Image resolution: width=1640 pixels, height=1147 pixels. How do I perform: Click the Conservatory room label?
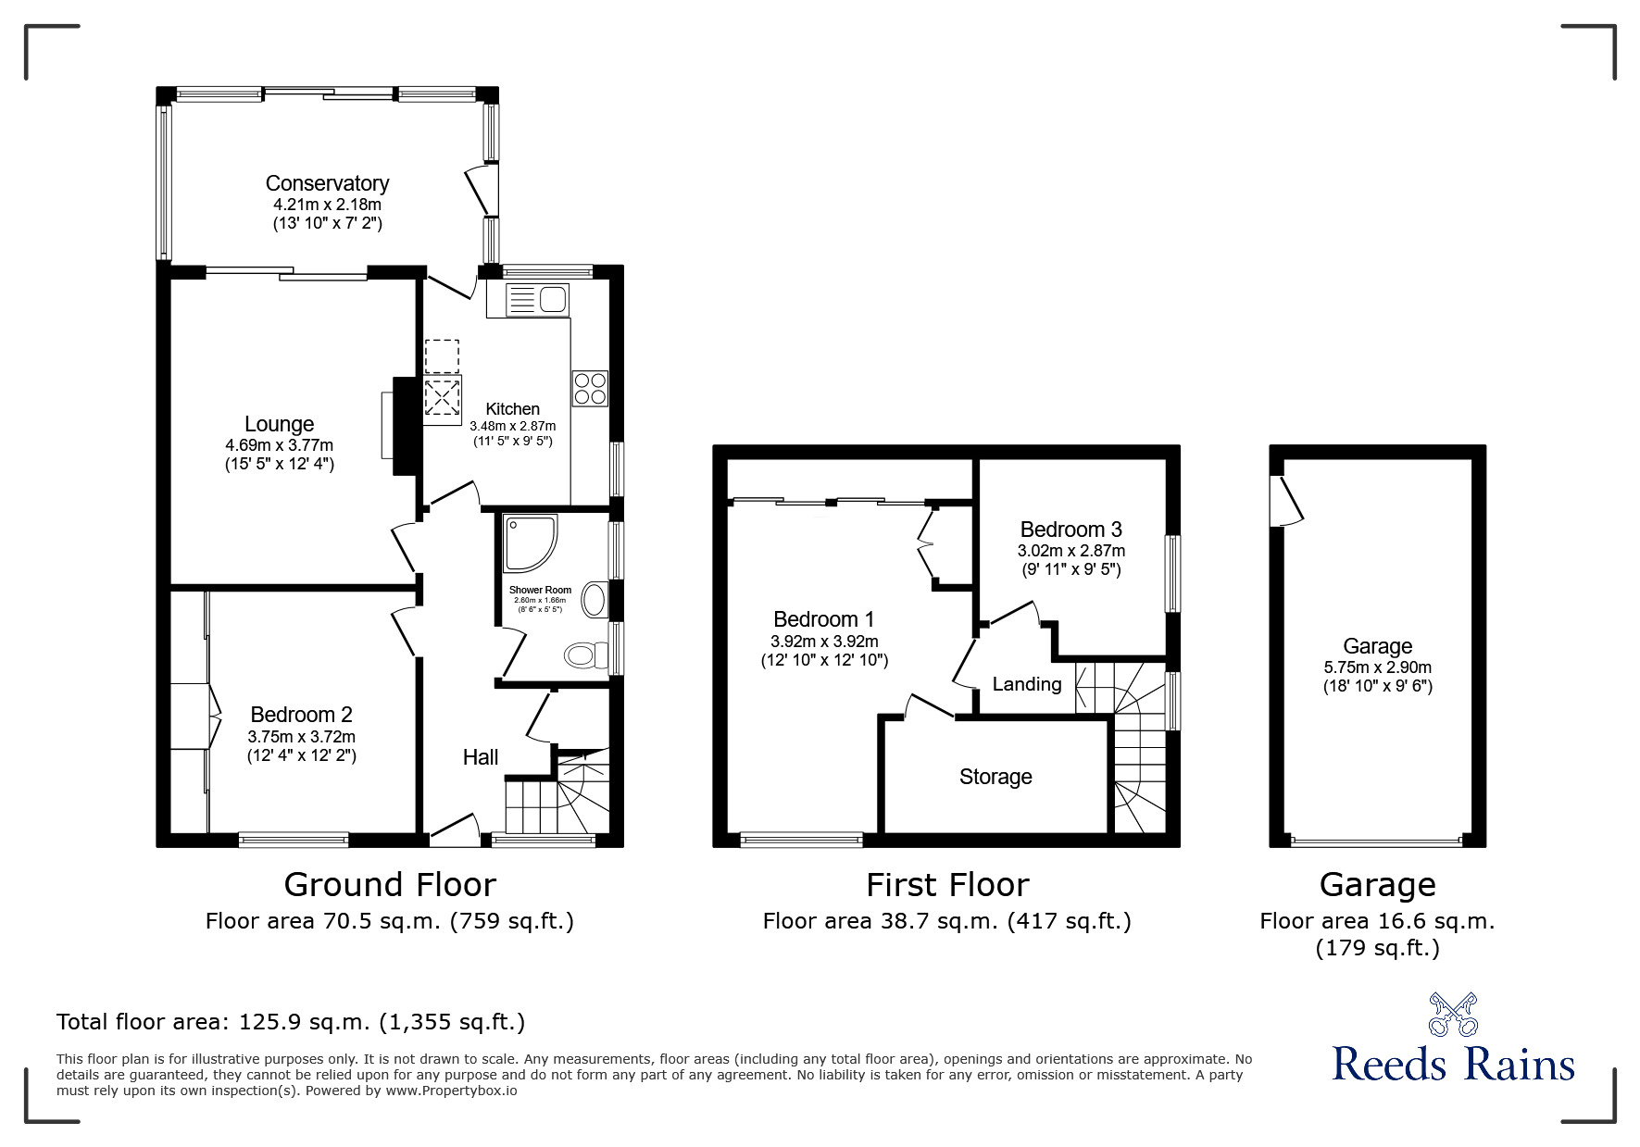coord(327,183)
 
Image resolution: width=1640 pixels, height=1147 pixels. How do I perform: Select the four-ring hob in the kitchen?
coord(591,388)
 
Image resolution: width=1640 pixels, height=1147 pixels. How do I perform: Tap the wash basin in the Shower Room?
coord(595,600)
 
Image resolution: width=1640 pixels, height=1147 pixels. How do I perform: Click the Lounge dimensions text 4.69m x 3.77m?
coord(280,444)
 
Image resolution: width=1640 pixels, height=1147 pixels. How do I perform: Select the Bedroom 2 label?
coord(301,715)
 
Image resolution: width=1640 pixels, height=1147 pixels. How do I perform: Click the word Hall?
coord(481,757)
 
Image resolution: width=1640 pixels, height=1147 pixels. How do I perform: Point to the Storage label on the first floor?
coord(995,777)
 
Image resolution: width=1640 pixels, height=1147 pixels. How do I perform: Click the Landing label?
coord(1027,684)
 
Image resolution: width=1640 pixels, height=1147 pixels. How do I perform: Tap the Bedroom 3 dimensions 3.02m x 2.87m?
coord(1071,551)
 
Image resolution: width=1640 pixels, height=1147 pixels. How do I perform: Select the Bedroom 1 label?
coord(823,619)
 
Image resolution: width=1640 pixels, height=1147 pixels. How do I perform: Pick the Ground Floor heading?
coord(390,885)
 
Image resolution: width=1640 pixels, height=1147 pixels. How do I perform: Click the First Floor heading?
coord(947,885)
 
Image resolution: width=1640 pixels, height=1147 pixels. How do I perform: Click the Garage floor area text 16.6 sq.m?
coord(1435,921)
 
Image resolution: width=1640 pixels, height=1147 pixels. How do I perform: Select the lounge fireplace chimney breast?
coord(405,426)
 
